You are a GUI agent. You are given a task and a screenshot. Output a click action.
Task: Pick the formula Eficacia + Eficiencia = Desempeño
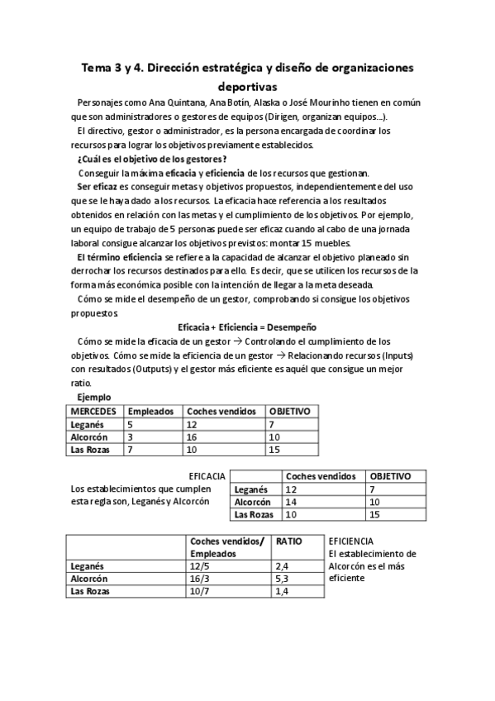[x=247, y=327]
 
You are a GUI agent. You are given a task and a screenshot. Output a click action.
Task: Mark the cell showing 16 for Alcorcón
[x=193, y=436]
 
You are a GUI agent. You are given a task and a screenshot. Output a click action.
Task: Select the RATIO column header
[x=289, y=541]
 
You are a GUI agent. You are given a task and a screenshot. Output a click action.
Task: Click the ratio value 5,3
[x=282, y=579]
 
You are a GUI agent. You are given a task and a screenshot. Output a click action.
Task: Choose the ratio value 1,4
[x=282, y=592]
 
